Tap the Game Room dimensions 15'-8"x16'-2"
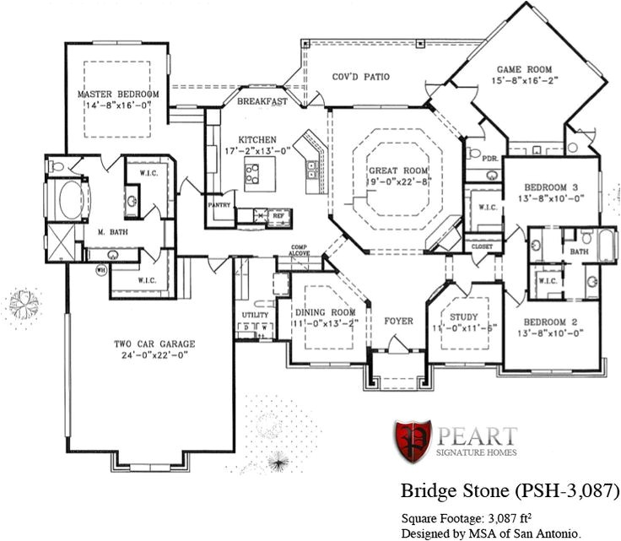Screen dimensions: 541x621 pos(522,82)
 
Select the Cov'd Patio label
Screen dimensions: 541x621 pos(360,77)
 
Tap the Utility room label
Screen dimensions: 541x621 pos(256,316)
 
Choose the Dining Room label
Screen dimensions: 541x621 pos(325,312)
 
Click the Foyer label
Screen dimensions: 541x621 pos(398,322)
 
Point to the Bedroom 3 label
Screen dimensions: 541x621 pos(551,187)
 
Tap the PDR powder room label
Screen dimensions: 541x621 pos(489,158)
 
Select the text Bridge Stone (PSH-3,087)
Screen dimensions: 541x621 pos(510,490)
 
